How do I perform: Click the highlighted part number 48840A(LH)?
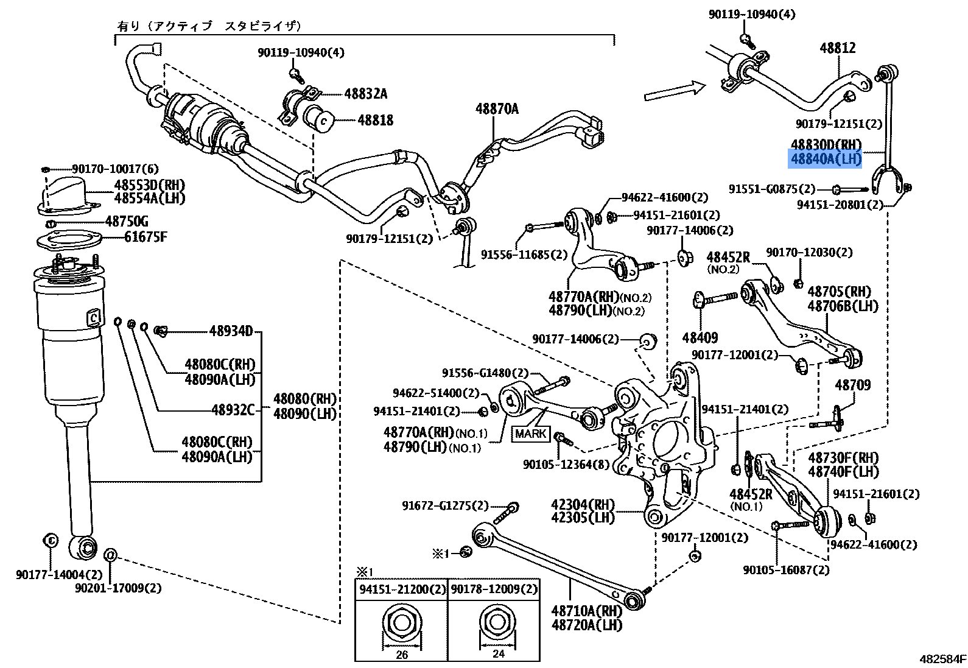(x=826, y=160)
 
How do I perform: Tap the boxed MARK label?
(x=531, y=434)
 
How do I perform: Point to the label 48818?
(x=375, y=120)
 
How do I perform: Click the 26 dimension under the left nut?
(x=402, y=655)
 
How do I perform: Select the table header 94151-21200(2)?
(x=402, y=589)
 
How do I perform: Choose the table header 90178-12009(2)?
(x=494, y=589)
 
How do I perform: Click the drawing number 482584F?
(x=942, y=659)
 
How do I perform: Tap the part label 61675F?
(x=146, y=237)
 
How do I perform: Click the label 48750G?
(x=127, y=221)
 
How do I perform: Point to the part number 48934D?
(x=231, y=331)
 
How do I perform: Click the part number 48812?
(x=837, y=47)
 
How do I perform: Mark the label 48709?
(x=852, y=385)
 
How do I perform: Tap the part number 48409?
(x=700, y=337)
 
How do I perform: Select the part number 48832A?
(x=365, y=94)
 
